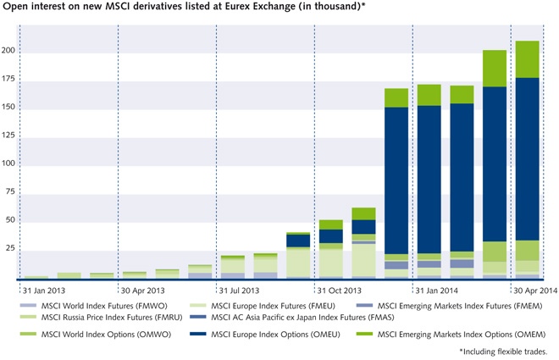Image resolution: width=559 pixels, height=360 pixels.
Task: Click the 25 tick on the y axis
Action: tap(9, 248)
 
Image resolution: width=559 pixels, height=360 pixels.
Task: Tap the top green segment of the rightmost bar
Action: tap(528, 59)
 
